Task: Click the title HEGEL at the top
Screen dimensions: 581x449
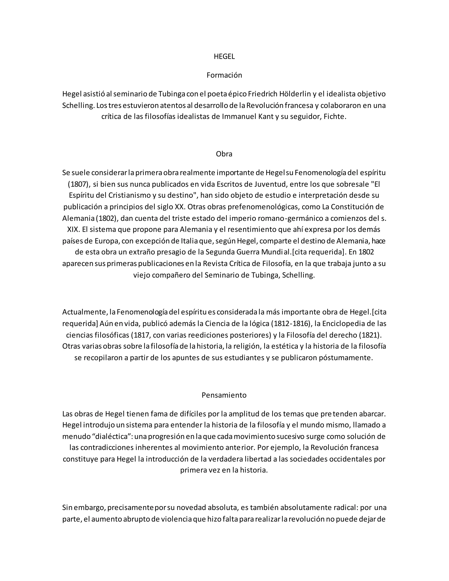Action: tap(224, 57)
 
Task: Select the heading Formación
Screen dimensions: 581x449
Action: tap(224, 75)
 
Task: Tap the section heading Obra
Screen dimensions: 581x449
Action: tap(224, 154)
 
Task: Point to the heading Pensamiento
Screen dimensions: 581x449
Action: tap(224, 395)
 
